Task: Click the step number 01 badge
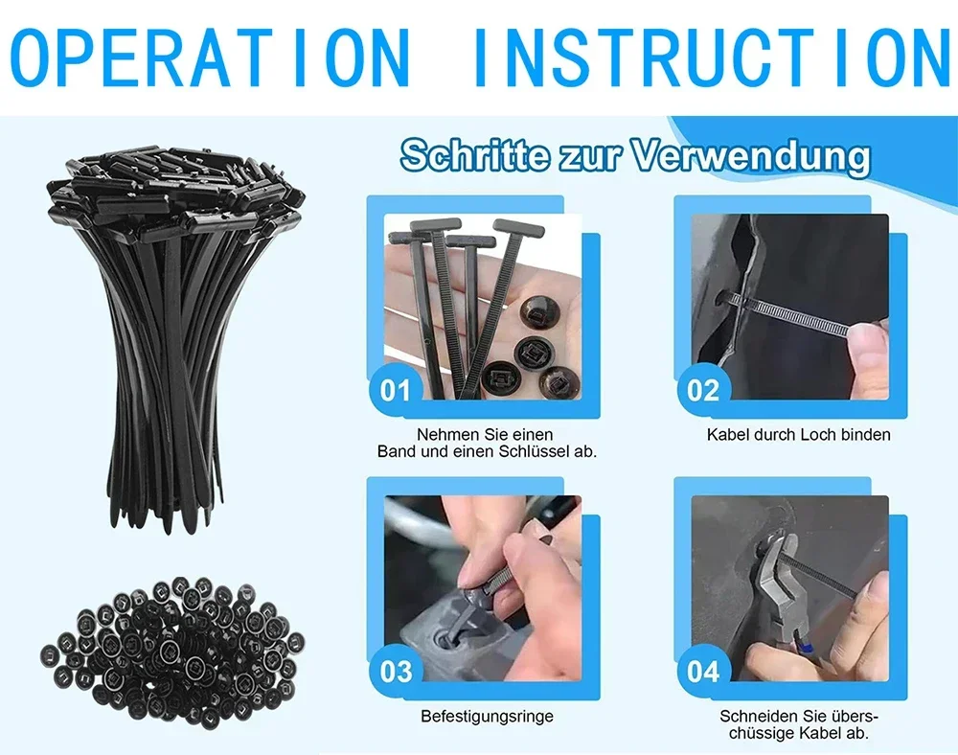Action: click(395, 390)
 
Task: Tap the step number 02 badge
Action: click(702, 390)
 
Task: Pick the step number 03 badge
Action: click(395, 671)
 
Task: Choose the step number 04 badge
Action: click(702, 671)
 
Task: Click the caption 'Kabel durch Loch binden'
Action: click(798, 435)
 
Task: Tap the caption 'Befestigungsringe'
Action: click(487, 717)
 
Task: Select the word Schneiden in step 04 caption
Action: click(759, 716)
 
